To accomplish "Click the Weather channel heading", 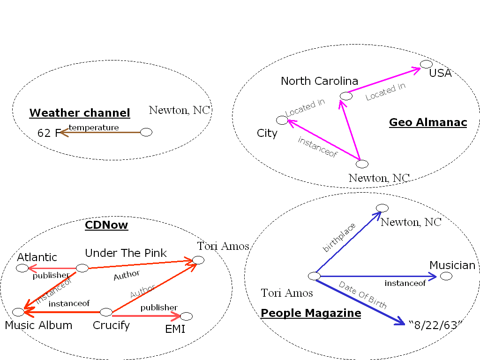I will [80, 113].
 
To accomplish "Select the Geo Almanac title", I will [428, 122].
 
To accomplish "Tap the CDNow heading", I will [106, 225].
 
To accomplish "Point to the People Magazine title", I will [311, 313].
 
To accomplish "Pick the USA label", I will [440, 73].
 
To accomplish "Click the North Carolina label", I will [319, 81].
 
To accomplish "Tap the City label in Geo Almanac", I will [267, 133].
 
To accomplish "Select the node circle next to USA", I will [426, 64].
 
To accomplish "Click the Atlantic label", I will [37, 257].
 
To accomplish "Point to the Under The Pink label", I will [126, 253].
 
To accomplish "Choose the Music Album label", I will [38, 325].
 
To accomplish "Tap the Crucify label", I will [111, 325].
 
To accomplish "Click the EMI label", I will [175, 329].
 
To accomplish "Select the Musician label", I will [452, 265].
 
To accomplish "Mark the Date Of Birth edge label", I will [362, 295].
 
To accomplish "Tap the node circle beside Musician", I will [446, 276].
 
